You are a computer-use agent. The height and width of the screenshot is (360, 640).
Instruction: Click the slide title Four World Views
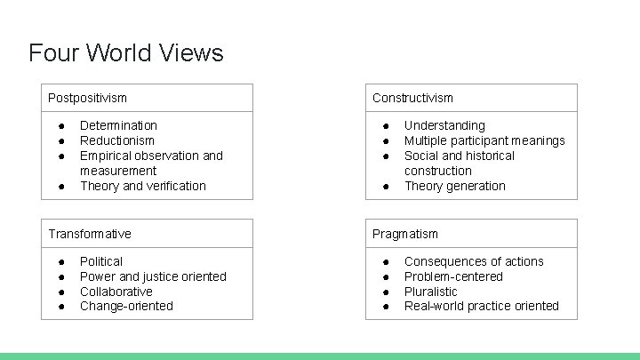coord(125,52)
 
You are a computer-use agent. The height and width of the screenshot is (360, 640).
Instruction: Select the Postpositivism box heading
coord(87,98)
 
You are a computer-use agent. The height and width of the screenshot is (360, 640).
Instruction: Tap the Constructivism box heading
coord(412,98)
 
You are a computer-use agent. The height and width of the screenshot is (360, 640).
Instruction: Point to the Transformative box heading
coord(89,234)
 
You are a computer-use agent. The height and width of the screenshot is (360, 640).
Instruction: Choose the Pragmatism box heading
coord(404,234)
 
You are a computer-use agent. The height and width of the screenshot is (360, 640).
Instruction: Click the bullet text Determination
coord(118,125)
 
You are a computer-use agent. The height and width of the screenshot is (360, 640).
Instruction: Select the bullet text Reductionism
coord(116,140)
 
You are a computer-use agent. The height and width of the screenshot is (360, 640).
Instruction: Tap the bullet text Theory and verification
coord(142,186)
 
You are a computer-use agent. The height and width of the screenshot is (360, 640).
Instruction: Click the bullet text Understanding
coord(444,125)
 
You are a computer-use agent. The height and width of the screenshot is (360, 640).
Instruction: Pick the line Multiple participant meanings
coord(484,140)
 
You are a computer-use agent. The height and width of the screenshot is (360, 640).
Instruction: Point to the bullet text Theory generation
coord(454,186)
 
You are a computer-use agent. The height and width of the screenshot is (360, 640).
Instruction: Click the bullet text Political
coord(101,261)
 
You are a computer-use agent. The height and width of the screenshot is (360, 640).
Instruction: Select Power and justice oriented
coord(153,276)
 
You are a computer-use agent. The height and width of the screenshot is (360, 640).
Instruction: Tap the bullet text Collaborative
coord(116,292)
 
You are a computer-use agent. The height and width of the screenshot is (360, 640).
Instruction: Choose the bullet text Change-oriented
coord(126,306)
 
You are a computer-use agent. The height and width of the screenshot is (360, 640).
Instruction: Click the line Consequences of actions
coord(474,261)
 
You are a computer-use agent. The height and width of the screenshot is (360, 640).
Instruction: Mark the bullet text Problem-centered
coord(453,276)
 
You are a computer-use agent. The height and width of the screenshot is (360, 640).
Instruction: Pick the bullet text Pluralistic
coord(430,292)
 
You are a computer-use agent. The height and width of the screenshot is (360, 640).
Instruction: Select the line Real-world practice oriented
coord(481,306)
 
